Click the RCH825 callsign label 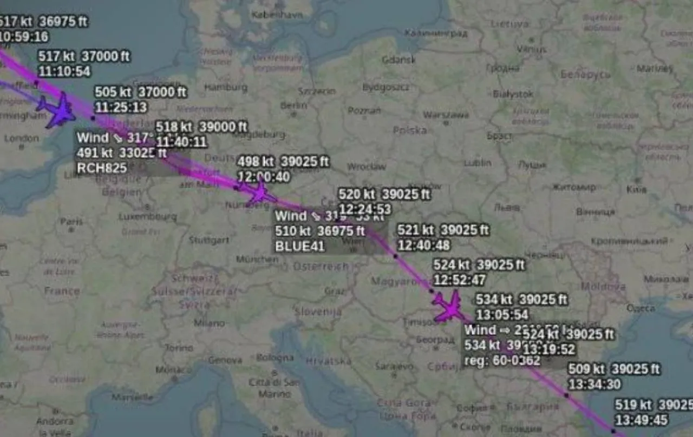[102, 168]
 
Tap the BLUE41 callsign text [299, 247]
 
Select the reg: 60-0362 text [502, 360]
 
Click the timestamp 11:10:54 [64, 71]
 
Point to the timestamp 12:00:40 [263, 177]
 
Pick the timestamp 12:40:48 [424, 246]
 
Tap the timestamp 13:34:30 [594, 385]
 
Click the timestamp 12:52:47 [459, 280]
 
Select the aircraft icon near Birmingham [57, 110]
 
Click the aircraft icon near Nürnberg [259, 193]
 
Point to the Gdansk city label [398, 60]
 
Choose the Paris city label [71, 222]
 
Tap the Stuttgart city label [209, 240]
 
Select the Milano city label [209, 323]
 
